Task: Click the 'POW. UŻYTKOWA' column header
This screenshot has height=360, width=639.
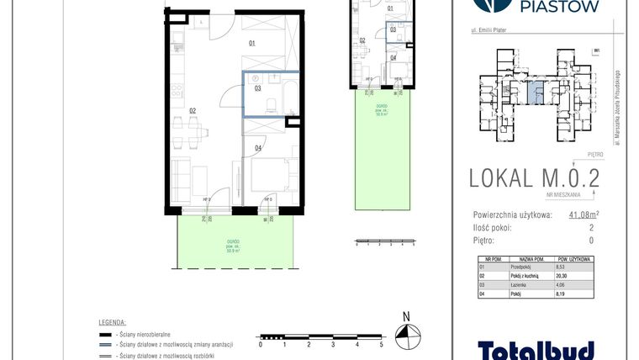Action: click(x=578, y=258)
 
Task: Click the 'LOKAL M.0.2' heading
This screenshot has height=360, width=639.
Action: click(x=534, y=178)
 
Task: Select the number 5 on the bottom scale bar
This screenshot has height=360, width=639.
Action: click(x=382, y=345)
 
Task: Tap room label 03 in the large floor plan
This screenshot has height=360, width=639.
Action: click(x=257, y=87)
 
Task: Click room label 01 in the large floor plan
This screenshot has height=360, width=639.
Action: click(x=251, y=42)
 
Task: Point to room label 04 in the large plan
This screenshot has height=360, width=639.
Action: click(x=257, y=149)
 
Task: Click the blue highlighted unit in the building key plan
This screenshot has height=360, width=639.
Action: click(x=536, y=90)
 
